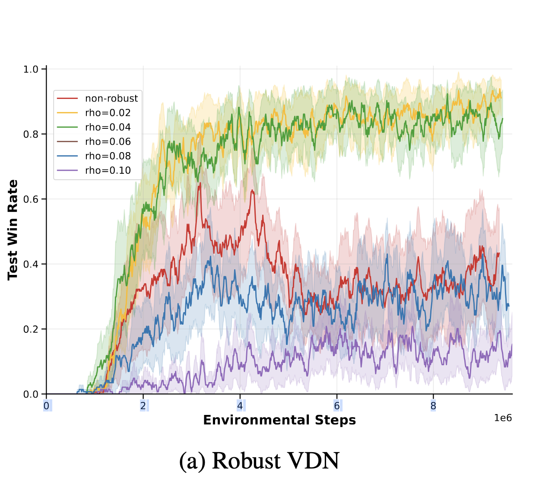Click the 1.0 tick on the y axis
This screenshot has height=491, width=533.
(x=31, y=69)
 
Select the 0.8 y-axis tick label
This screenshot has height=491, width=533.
(x=31, y=134)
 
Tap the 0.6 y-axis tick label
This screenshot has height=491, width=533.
(x=31, y=199)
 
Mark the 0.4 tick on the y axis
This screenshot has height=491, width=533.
(x=31, y=264)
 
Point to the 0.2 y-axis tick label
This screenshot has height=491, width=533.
(x=31, y=329)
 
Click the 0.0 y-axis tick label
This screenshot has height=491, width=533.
(x=31, y=394)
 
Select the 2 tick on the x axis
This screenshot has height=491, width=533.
(x=143, y=406)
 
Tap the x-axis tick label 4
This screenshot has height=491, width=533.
(x=240, y=406)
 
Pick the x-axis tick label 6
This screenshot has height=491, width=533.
(x=336, y=406)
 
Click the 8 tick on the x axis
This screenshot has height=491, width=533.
(x=433, y=406)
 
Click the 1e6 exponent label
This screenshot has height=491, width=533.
(x=503, y=418)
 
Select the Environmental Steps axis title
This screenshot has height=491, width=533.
(x=279, y=420)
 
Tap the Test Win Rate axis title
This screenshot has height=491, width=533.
(x=13, y=230)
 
